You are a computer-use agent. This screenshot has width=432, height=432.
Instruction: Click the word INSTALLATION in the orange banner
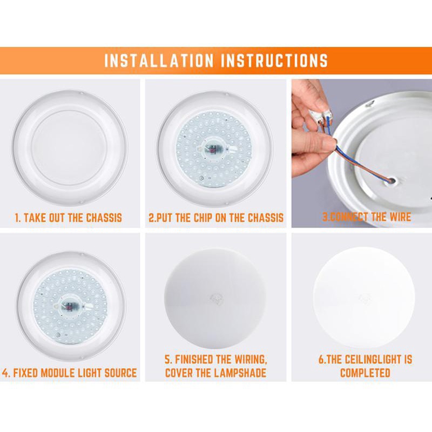(x=159, y=60)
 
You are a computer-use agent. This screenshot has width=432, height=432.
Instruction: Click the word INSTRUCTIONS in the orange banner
(x=274, y=60)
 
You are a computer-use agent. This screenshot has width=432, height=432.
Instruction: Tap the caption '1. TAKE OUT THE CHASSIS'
(x=69, y=218)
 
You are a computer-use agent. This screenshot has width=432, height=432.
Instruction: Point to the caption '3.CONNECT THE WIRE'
(x=367, y=217)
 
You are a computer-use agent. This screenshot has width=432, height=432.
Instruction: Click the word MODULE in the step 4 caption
(x=57, y=373)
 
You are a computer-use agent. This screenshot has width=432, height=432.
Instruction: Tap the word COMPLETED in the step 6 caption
(x=365, y=373)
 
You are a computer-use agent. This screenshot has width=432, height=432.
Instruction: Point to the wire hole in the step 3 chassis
(x=391, y=181)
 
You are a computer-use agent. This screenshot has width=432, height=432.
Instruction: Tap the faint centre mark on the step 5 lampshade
(x=216, y=299)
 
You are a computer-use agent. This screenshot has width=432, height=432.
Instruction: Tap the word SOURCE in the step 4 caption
(x=120, y=373)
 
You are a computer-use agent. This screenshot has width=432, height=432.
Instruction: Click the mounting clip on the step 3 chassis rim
(x=370, y=104)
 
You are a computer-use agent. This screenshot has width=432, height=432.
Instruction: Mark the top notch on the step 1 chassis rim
(x=80, y=93)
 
